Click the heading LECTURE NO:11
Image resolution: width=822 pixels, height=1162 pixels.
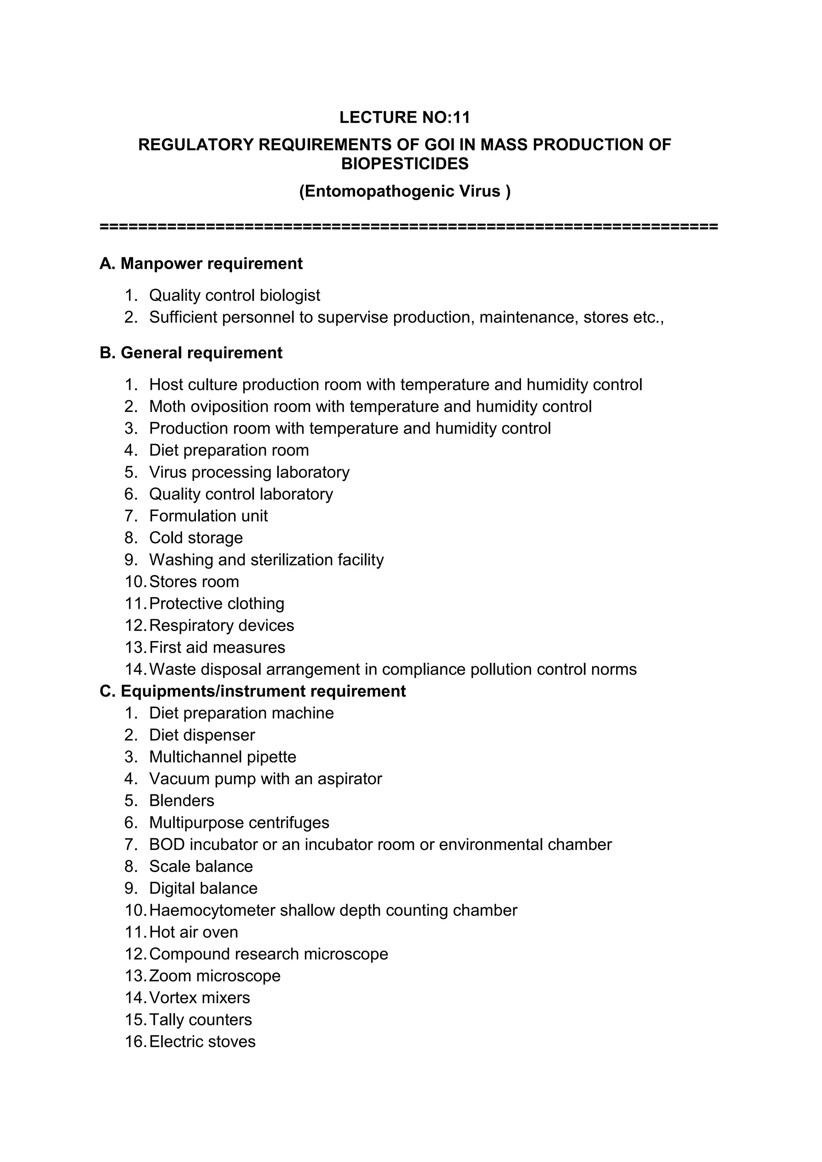(x=404, y=118)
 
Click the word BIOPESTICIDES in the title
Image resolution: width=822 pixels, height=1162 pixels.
(x=405, y=164)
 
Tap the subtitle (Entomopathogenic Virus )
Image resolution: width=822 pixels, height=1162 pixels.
(x=405, y=191)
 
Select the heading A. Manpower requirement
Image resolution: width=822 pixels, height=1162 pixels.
(x=201, y=264)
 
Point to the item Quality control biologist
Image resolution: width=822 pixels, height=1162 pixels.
(x=234, y=295)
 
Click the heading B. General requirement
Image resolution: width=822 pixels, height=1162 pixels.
(x=191, y=353)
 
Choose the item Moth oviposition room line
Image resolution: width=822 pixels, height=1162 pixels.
(x=370, y=406)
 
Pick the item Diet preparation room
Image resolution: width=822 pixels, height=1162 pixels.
(x=228, y=450)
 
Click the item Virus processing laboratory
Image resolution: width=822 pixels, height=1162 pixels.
(x=249, y=472)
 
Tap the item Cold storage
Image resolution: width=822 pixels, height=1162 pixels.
(x=195, y=538)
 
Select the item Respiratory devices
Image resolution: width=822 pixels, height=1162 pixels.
(x=221, y=626)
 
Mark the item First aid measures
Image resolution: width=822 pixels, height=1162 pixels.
(x=217, y=647)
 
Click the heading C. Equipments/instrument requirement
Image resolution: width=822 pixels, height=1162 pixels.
(x=253, y=692)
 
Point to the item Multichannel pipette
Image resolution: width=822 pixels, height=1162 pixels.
(x=222, y=757)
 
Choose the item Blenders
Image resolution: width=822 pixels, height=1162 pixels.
(x=181, y=801)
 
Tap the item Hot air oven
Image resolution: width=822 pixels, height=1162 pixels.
(x=193, y=932)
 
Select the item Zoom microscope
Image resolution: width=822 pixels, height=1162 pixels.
(x=214, y=976)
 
